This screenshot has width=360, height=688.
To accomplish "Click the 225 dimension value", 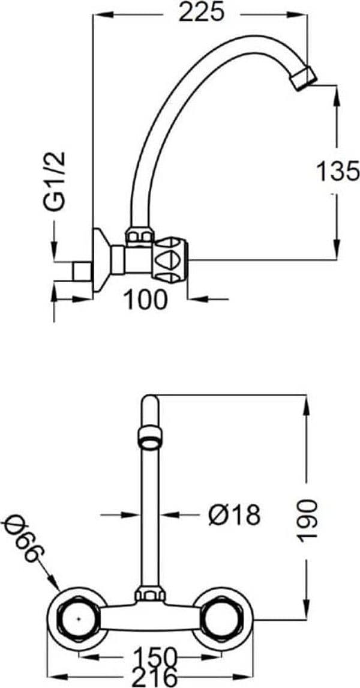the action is coord(201,13).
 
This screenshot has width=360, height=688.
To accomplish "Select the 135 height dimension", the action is coord(338,171).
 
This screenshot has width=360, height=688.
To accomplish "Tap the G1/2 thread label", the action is coord(56,181).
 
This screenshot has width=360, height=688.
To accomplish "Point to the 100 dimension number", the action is coord(146,300).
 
